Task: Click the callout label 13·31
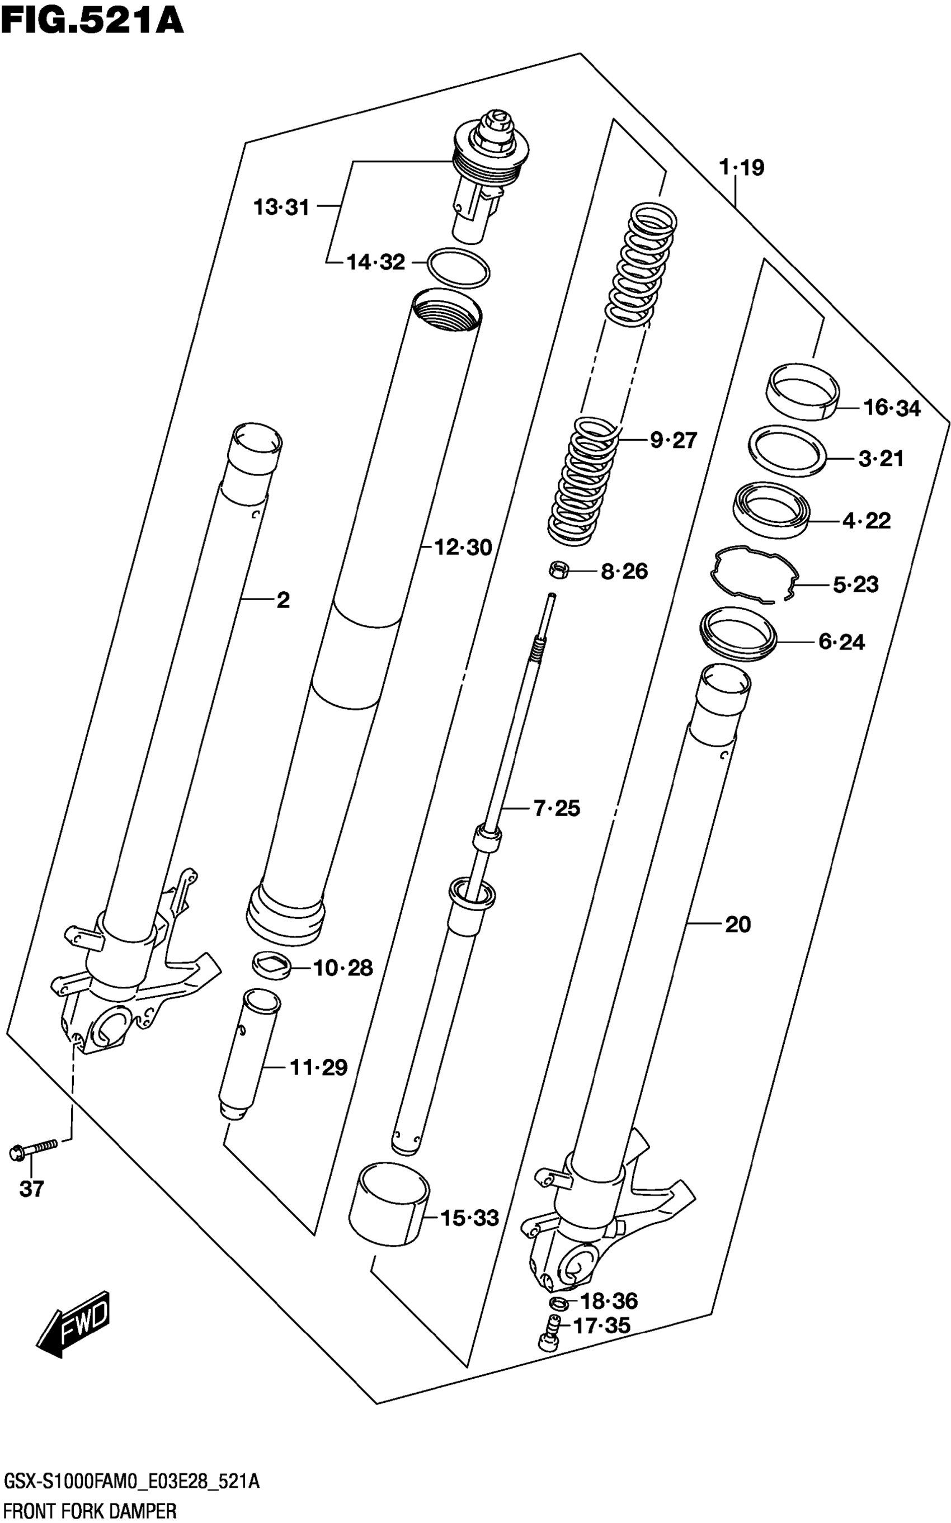[281, 207]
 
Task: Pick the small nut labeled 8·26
[558, 570]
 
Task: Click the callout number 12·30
[464, 548]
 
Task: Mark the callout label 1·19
[742, 168]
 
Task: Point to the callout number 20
[738, 925]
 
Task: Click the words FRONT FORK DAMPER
[91, 1511]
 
